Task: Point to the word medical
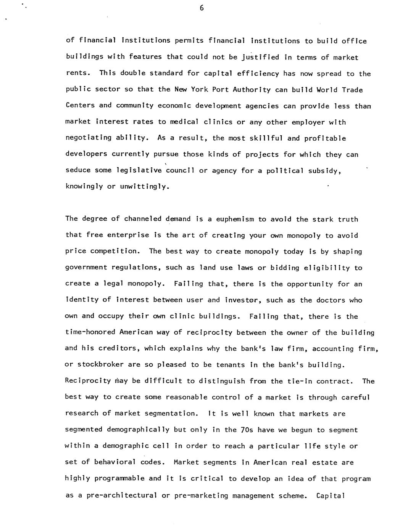[184, 122]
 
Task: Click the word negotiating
[89, 138]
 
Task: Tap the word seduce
[78, 170]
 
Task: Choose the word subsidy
[323, 170]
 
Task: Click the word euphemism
[235, 219]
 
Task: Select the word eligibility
[326, 268]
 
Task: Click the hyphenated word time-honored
[90, 332]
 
